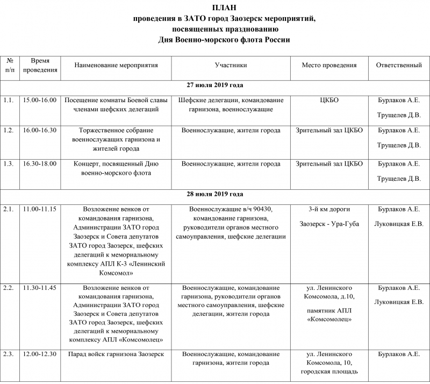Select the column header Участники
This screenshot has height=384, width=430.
point(231,66)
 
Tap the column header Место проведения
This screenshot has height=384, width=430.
point(329,66)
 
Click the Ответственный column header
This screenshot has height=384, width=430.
point(398,66)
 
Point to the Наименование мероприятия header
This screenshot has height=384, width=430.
point(116,66)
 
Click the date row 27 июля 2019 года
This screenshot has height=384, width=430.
point(215,86)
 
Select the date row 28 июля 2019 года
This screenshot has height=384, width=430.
point(215,194)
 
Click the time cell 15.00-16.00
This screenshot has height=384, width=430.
point(40,100)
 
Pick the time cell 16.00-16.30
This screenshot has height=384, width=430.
point(40,130)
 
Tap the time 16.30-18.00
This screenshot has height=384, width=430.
point(40,163)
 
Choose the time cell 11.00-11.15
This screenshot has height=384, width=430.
point(40,209)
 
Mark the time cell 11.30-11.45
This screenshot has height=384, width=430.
point(40,288)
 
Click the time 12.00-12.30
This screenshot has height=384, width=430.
point(40,354)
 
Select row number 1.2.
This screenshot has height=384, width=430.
point(8,130)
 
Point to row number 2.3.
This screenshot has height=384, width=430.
point(8,354)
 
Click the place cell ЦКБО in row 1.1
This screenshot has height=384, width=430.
point(329,100)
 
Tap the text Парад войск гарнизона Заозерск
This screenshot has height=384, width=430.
point(116,354)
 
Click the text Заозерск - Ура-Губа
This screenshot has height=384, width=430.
point(329,223)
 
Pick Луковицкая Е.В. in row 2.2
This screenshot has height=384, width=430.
point(398,302)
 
